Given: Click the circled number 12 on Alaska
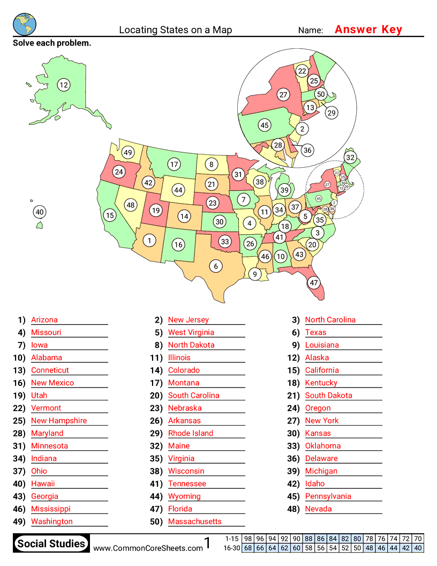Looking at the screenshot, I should click(64, 84).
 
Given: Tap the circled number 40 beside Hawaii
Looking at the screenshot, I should click(39, 212).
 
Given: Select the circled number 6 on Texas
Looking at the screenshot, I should click(216, 266).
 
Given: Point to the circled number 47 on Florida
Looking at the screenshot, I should click(314, 282).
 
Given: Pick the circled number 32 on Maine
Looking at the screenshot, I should click(350, 157).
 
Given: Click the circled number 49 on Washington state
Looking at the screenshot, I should click(127, 152).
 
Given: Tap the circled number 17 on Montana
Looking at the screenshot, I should click(174, 164).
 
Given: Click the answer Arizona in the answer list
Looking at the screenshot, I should click(44, 320).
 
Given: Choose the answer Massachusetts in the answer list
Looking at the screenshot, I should click(194, 522).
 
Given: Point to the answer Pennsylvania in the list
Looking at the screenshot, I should click(328, 496).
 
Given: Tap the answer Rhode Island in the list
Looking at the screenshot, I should click(191, 433).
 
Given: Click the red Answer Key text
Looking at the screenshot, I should click(368, 29).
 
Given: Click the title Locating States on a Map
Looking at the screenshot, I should click(176, 30).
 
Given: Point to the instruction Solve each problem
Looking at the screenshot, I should click(52, 43).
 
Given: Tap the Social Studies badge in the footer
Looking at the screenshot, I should click(51, 543).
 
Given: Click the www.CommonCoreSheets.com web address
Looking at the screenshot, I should click(148, 548).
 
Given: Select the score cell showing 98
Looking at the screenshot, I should click(248, 539).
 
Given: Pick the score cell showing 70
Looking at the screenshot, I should click(418, 539).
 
